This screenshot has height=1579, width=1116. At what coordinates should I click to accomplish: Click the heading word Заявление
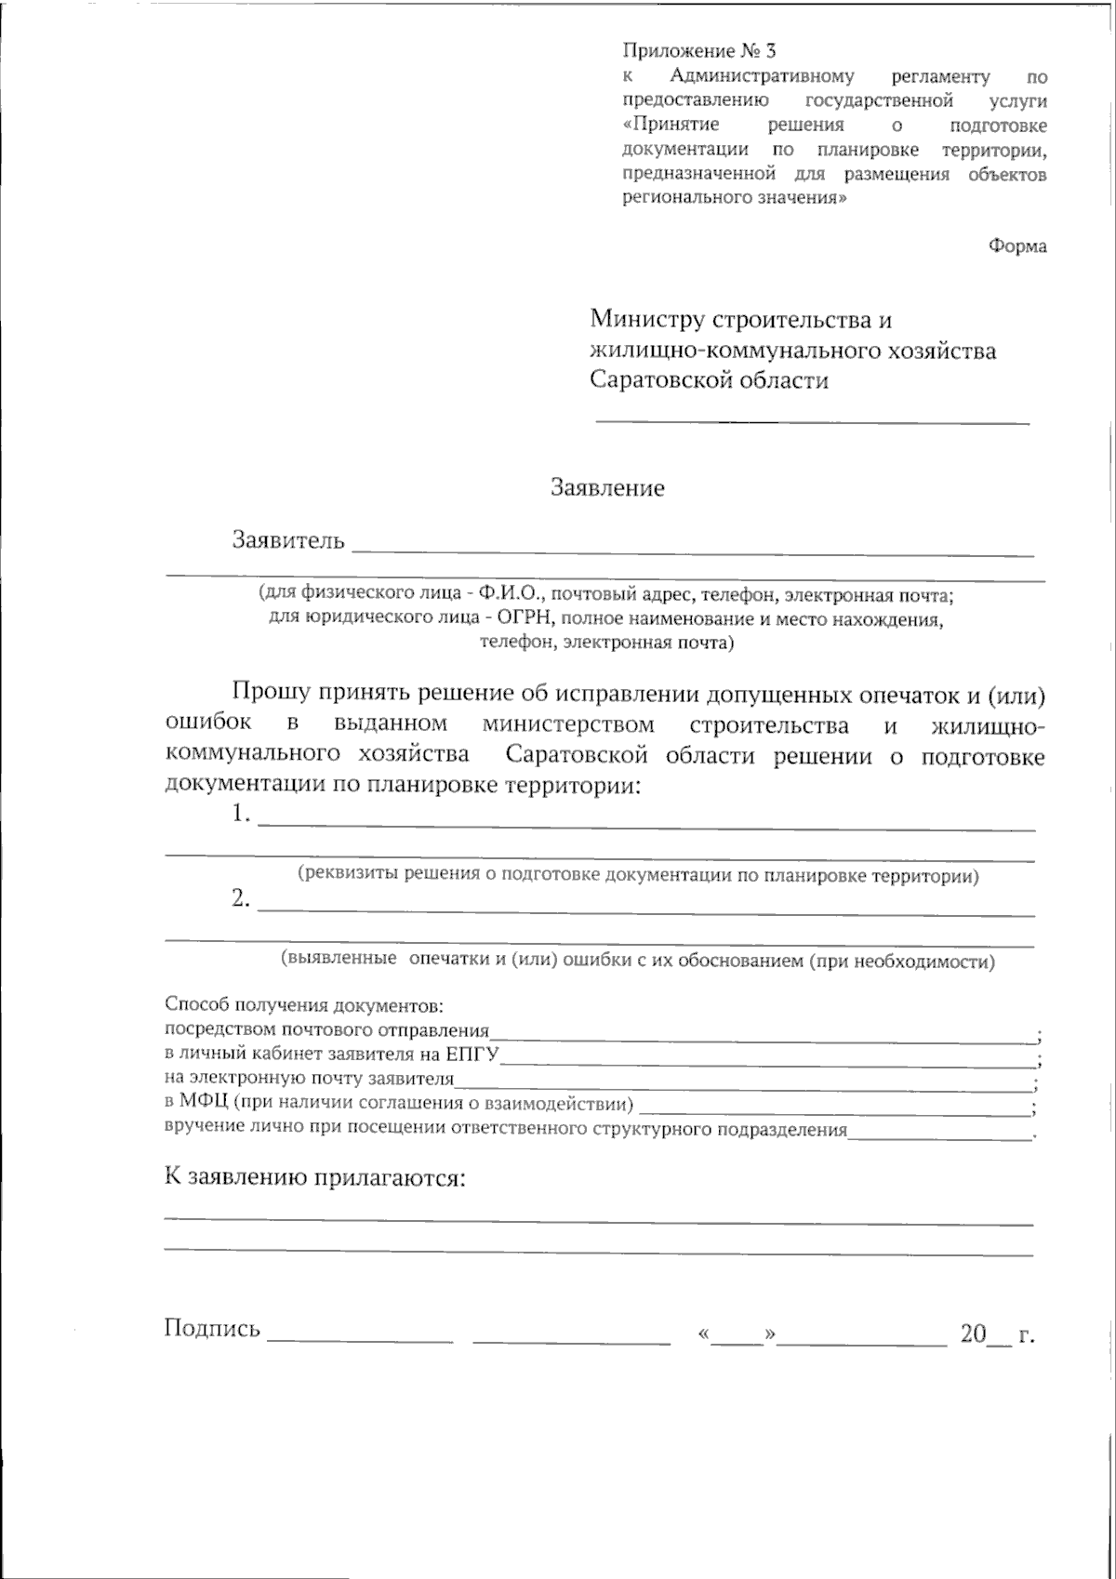point(607,488)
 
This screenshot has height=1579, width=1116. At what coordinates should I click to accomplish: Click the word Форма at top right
point(1017,246)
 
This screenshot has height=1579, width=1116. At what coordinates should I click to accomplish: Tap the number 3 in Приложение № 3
point(770,51)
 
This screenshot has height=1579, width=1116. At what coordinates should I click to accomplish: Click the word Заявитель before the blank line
point(288,540)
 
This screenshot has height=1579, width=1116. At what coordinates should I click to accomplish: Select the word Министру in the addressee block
point(647,320)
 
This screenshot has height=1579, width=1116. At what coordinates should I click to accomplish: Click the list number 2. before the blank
point(241,898)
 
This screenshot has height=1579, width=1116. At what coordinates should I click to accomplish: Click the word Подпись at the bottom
point(212,1328)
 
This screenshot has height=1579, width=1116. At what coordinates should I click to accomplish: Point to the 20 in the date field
point(973,1334)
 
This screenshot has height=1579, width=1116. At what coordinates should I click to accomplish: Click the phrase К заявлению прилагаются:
point(314,1179)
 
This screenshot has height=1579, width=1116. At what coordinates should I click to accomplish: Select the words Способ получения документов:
point(303,1005)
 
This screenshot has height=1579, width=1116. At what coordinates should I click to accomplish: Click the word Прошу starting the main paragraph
point(272,693)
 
